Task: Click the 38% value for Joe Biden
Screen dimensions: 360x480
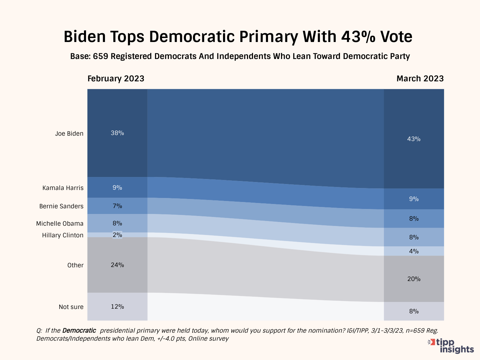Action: pyautogui.click(x=117, y=133)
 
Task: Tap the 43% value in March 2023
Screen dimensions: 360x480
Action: pyautogui.click(x=414, y=139)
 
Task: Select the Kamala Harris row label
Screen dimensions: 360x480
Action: pyautogui.click(x=63, y=188)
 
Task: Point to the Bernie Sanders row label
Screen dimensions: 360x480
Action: pyautogui.click(x=61, y=206)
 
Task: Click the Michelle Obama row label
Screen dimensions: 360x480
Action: pyautogui.click(x=60, y=224)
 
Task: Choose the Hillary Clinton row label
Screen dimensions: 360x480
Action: pyautogui.click(x=63, y=235)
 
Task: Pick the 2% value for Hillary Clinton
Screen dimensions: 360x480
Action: pyautogui.click(x=117, y=235)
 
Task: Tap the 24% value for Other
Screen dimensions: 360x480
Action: pyautogui.click(x=117, y=265)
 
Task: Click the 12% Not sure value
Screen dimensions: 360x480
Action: pyautogui.click(x=117, y=307)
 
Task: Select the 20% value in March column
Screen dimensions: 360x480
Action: pyautogui.click(x=414, y=279)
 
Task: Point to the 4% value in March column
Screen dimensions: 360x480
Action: pyautogui.click(x=414, y=251)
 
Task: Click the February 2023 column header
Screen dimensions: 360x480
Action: pyautogui.click(x=116, y=79)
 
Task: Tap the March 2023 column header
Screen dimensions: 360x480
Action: pyautogui.click(x=420, y=79)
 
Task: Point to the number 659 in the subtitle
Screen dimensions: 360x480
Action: pyautogui.click(x=100, y=56)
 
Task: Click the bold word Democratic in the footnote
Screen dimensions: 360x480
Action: pyautogui.click(x=79, y=331)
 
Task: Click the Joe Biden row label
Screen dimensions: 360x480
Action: pyautogui.click(x=69, y=134)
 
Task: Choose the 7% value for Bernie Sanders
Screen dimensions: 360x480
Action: pyautogui.click(x=117, y=206)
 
